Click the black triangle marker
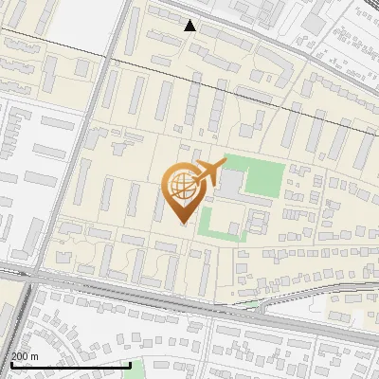point(190,26)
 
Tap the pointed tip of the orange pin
point(184,224)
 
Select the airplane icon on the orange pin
point(210,173)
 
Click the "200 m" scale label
point(26,355)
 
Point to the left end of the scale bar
point(11,364)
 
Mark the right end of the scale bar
point(130,364)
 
